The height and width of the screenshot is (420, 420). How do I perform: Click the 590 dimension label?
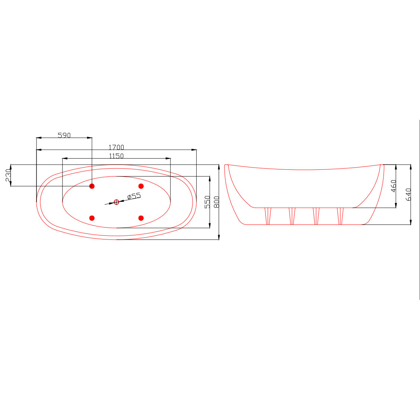64,135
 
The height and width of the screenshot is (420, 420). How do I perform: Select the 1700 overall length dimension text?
116,147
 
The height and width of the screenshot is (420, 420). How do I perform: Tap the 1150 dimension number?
116,156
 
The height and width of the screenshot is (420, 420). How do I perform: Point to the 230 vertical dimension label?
8,175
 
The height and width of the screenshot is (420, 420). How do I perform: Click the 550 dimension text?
207,202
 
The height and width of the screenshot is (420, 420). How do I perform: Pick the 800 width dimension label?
217,202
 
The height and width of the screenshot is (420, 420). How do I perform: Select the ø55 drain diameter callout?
134,196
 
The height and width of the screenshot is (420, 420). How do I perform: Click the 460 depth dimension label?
393,186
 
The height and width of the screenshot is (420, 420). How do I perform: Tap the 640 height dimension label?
408,194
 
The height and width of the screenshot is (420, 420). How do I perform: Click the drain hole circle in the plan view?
116,202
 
